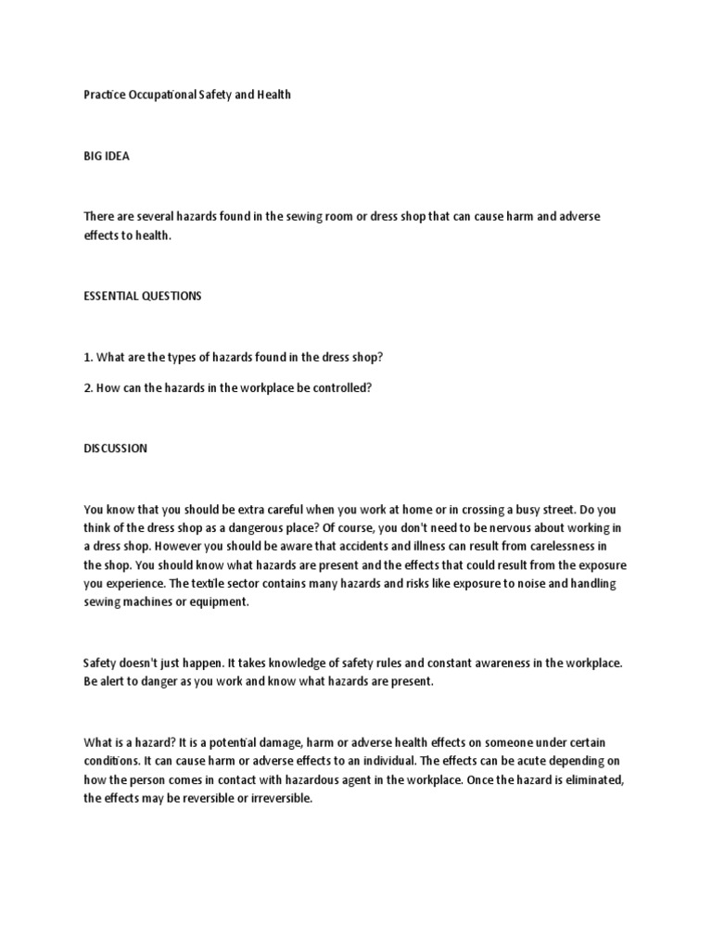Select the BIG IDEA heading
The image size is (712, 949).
click(x=107, y=157)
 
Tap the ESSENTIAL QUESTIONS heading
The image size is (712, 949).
click(x=142, y=297)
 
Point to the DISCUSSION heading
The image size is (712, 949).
click(x=115, y=449)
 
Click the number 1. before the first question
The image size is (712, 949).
click(x=88, y=357)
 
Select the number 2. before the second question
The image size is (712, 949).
click(x=88, y=388)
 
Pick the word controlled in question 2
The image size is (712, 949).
click(x=338, y=388)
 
